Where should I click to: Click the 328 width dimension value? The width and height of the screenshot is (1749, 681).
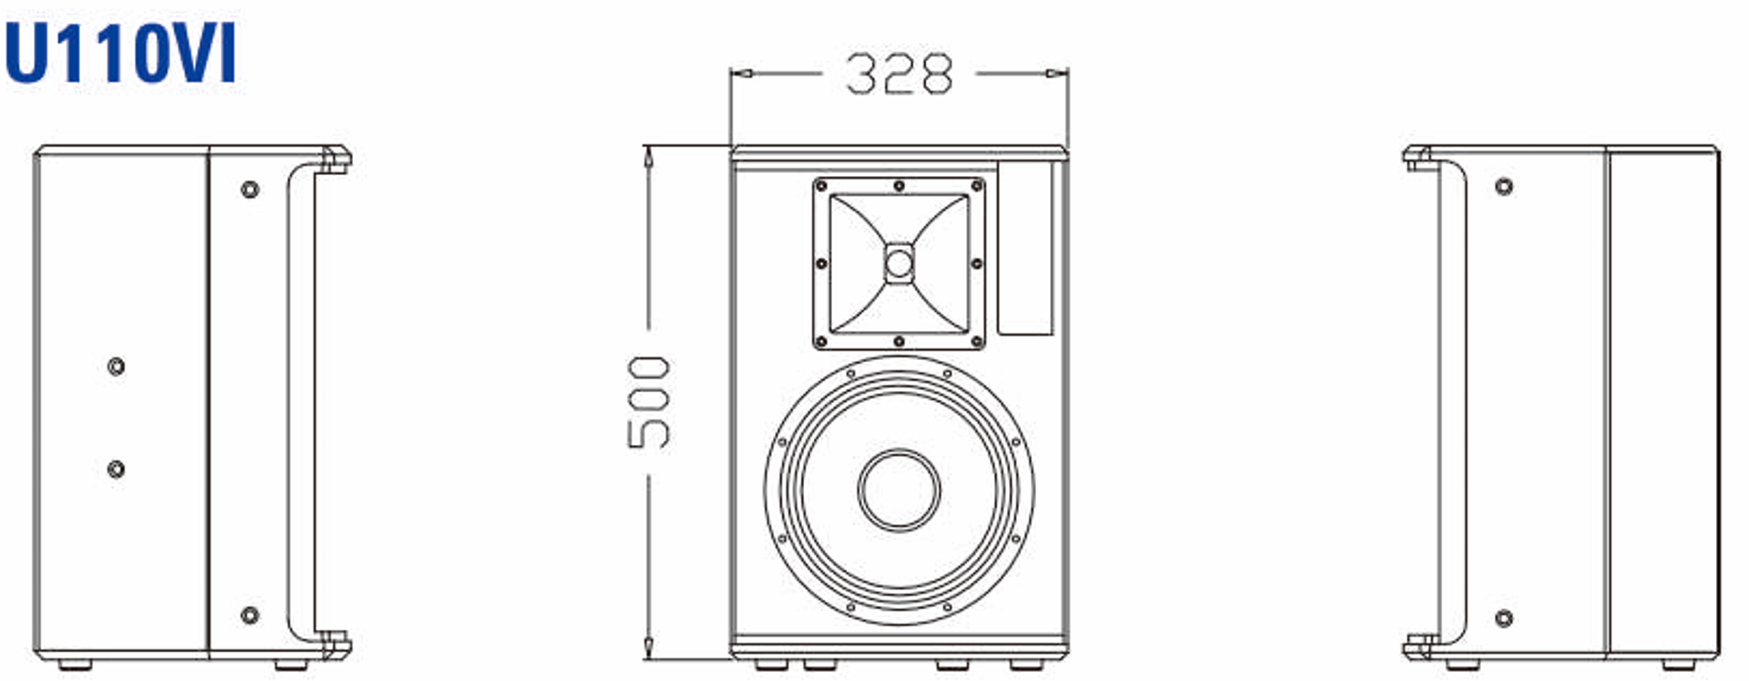pos(899,74)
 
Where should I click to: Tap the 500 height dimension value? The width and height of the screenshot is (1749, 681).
pos(649,403)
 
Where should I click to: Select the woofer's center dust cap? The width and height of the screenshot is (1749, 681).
pos(899,490)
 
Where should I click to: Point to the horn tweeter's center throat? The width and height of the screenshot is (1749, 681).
pos(899,264)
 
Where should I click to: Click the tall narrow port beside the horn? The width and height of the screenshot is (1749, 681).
pos(1025,248)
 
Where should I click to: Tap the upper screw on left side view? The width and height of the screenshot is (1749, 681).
pos(250,190)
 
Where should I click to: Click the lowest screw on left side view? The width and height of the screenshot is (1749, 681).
pos(250,614)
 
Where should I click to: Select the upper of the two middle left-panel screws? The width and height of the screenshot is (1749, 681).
pos(116,366)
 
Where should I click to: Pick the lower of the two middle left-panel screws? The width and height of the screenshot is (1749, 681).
pos(116,469)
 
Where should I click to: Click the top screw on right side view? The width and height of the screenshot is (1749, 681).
pos(1504,187)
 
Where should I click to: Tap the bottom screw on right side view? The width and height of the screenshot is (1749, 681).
pos(1504,619)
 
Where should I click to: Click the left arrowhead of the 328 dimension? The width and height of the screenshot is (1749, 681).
pos(741,73)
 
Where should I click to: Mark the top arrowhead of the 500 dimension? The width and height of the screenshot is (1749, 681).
pos(648,155)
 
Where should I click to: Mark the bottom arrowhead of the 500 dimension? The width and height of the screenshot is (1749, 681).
pos(648,649)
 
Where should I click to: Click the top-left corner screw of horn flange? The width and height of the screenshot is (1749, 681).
pos(821,186)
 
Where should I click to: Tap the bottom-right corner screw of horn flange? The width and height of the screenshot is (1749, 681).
pos(977,342)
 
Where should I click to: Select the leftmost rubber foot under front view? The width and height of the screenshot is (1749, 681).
pos(768,665)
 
